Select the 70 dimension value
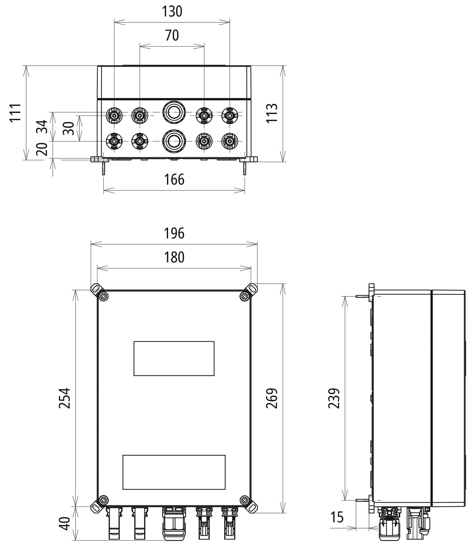pyautogui.click(x=172, y=35)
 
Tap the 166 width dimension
pyautogui.click(x=174, y=179)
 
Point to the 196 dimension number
pyautogui.click(x=174, y=233)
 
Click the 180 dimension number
pyautogui.click(x=174, y=257)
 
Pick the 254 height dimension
pyautogui.click(x=64, y=398)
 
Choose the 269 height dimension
pyautogui.click(x=272, y=398)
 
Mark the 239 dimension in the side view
pyautogui.click(x=334, y=398)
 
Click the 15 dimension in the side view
pyautogui.click(x=337, y=517)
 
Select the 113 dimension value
pyautogui.click(x=272, y=113)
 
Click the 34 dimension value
pyautogui.click(x=42, y=127)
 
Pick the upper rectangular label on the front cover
pyautogui.click(x=174, y=358)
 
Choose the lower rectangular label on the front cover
pyautogui.click(x=174, y=472)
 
